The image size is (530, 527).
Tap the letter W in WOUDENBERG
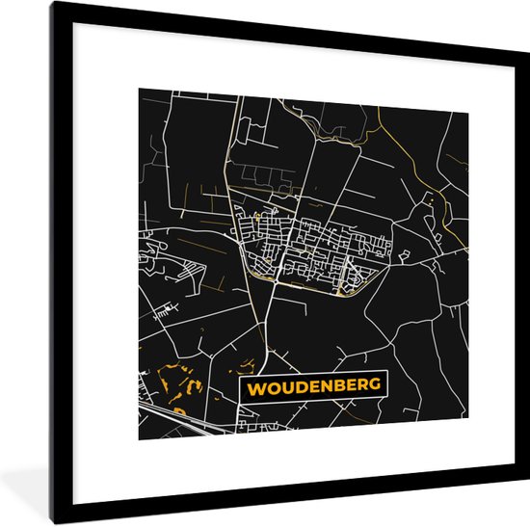[x=255, y=387]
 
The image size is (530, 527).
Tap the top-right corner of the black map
[x=468, y=114]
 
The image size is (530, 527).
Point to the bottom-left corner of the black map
[x=139, y=439]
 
